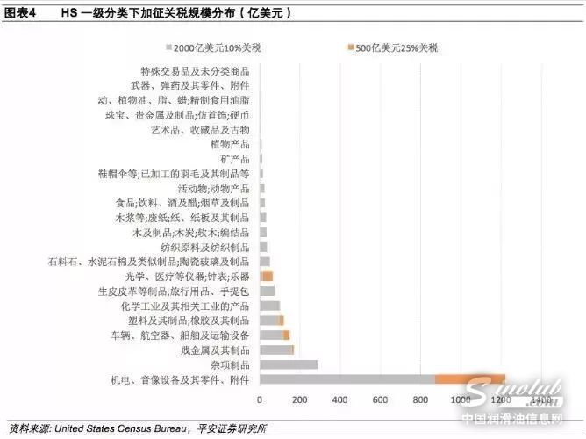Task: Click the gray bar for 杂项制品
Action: click(x=289, y=364)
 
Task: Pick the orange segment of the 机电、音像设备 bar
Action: click(x=470, y=378)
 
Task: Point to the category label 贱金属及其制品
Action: click(x=216, y=349)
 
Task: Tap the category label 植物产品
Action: click(x=230, y=143)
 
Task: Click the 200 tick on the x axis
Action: click(x=300, y=400)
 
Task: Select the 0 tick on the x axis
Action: click(x=260, y=400)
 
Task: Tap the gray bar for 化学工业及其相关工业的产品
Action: click(x=269, y=306)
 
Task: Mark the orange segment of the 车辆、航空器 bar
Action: click(x=286, y=335)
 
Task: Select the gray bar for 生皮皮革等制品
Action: click(x=267, y=291)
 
